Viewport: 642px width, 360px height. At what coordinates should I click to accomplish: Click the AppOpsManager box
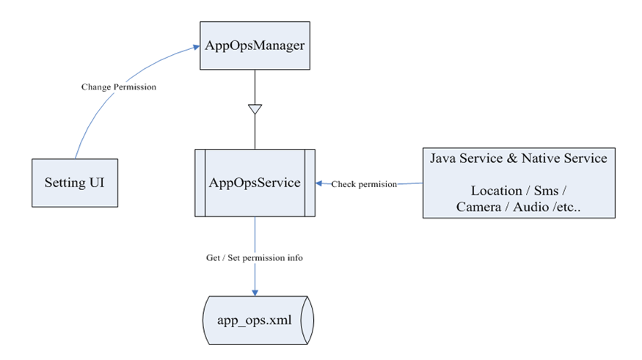255,45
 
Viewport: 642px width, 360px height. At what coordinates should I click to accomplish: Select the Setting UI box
75,183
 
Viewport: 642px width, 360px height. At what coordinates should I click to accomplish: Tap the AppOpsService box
255,183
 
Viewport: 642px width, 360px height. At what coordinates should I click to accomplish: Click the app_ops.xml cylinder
258,320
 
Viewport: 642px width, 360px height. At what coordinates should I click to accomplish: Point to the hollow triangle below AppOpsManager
255,109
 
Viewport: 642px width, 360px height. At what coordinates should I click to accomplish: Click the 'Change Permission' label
119,87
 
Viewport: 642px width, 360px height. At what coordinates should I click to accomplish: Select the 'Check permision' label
364,184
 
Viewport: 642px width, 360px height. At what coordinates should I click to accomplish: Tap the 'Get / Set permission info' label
255,258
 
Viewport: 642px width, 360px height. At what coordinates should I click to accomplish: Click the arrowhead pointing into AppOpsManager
196,48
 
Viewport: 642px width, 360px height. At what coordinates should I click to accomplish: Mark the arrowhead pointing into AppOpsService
319,183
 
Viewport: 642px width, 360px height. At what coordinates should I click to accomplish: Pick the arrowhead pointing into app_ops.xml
255,293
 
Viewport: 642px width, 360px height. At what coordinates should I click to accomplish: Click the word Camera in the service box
478,207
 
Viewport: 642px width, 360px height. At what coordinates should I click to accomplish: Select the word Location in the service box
496,191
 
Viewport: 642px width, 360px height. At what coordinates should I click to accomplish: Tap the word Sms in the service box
546,191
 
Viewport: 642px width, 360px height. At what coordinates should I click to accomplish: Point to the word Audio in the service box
530,207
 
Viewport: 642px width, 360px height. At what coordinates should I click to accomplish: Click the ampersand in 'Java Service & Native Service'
512,158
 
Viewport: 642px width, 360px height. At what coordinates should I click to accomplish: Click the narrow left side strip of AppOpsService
200,183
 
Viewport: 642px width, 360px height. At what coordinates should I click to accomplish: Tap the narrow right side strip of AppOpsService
310,183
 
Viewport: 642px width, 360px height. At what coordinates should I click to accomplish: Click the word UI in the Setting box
97,183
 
